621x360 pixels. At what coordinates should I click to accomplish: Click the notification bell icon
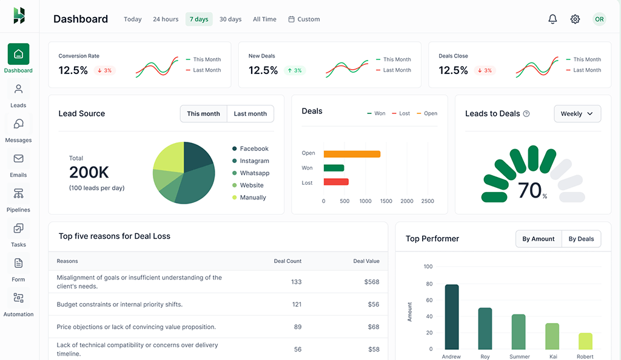(x=552, y=19)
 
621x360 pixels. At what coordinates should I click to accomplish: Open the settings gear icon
(x=575, y=19)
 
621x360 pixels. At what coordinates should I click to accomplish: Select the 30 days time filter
(x=230, y=19)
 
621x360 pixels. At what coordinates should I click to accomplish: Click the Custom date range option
(x=304, y=19)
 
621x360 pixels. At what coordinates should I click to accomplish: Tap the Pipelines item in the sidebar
(x=18, y=199)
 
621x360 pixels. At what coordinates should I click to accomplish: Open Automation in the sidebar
(x=18, y=304)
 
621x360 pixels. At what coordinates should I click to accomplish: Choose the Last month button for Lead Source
(x=250, y=114)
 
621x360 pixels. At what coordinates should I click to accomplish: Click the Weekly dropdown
(x=577, y=114)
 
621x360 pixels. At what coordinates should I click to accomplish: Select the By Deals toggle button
(x=581, y=239)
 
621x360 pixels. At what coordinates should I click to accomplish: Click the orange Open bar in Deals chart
(x=352, y=154)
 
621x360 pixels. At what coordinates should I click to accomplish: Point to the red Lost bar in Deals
(x=336, y=182)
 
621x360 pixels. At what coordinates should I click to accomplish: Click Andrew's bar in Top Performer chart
(x=452, y=316)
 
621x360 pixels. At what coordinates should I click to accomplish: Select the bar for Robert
(x=585, y=341)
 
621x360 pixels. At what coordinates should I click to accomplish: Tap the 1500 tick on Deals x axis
(x=386, y=201)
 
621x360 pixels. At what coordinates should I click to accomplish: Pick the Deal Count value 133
(x=296, y=282)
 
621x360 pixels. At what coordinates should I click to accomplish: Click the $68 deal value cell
(x=373, y=327)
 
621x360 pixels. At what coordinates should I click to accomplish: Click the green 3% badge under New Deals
(x=294, y=70)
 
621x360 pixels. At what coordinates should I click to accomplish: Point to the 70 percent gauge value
(x=530, y=191)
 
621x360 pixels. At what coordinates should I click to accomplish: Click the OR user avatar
(x=599, y=19)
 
